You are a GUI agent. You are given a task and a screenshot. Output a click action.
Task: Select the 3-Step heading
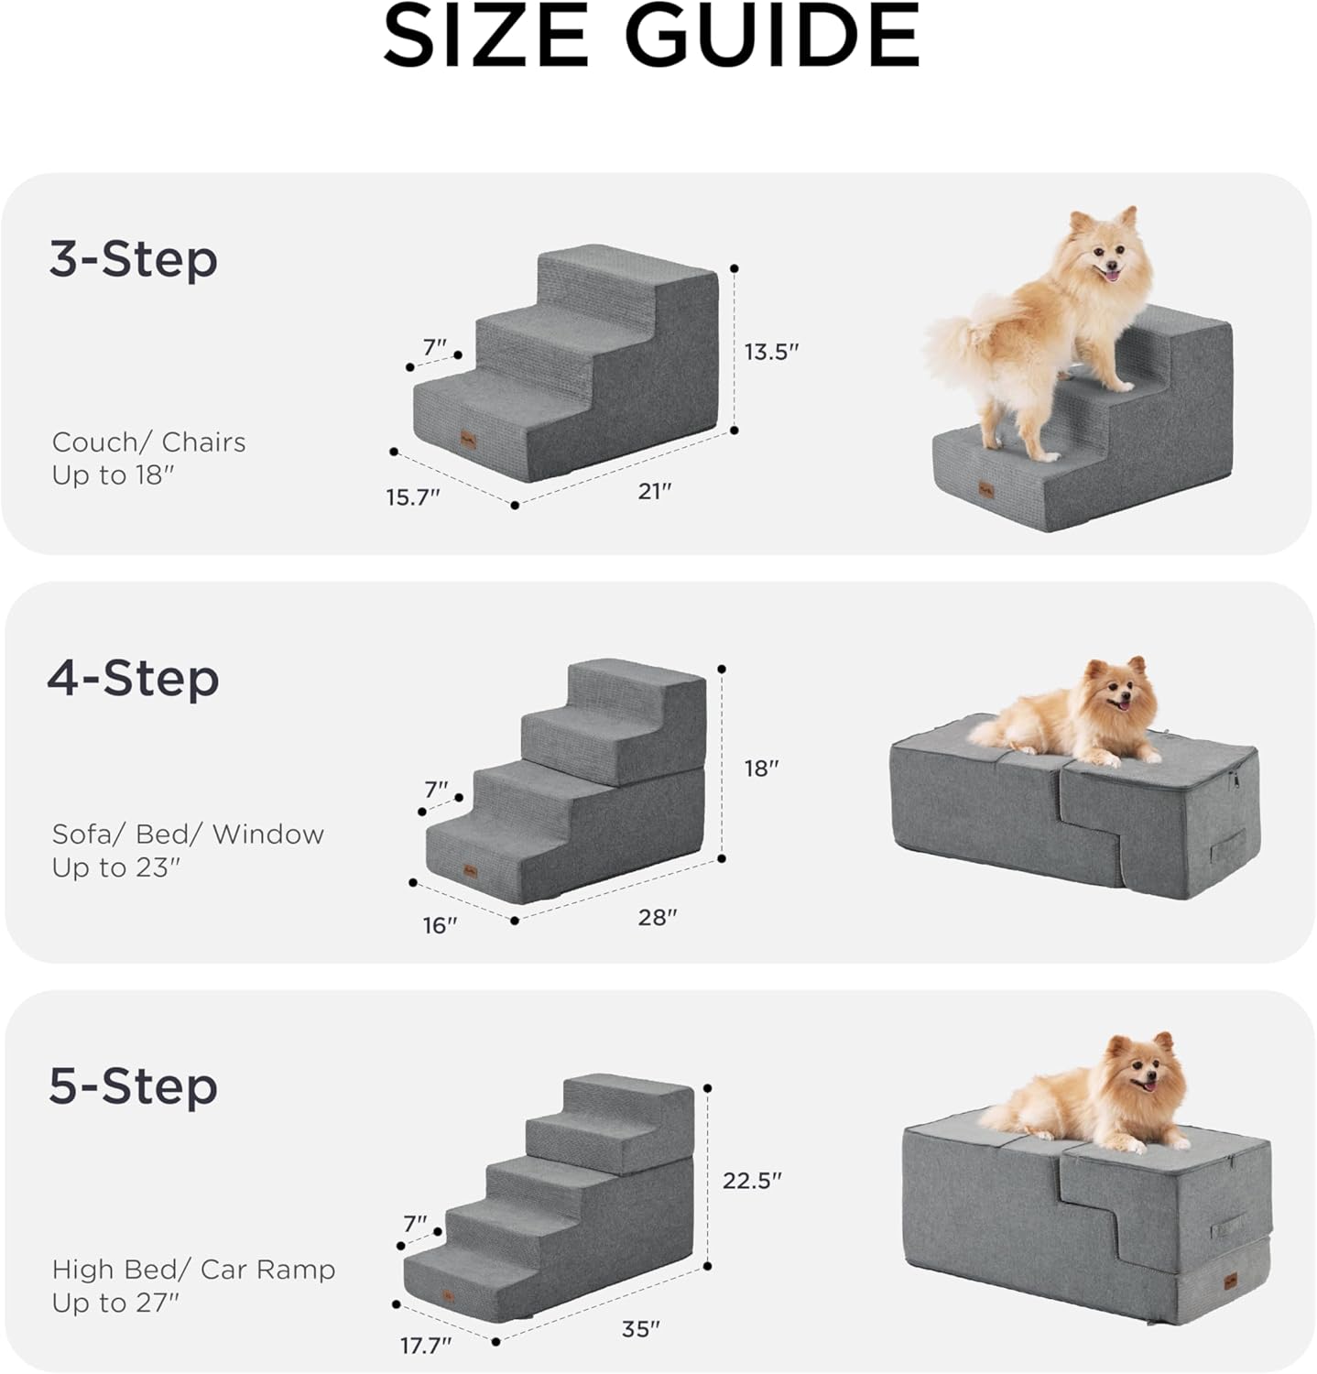(x=133, y=259)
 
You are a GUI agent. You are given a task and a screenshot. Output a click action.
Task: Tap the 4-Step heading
(x=133, y=678)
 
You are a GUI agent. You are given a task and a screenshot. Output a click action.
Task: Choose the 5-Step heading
(x=133, y=1086)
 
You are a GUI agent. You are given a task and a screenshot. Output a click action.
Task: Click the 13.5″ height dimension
(x=771, y=352)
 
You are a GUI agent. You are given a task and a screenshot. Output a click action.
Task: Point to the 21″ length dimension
(x=655, y=491)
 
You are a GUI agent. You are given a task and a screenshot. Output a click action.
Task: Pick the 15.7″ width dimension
(x=412, y=497)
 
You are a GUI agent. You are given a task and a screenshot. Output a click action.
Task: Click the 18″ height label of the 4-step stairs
(x=760, y=769)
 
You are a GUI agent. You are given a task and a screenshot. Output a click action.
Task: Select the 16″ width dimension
(x=440, y=926)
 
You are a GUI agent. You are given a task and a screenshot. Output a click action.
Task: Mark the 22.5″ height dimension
(x=751, y=1181)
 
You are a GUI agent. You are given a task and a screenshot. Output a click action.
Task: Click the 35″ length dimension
(x=640, y=1329)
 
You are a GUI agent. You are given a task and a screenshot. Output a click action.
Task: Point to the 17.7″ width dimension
(x=426, y=1346)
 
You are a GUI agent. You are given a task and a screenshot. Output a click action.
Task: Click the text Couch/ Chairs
(x=148, y=442)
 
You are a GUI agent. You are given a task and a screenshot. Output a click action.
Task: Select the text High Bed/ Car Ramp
(x=193, y=1270)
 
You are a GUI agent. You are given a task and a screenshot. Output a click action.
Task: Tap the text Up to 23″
(x=115, y=867)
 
